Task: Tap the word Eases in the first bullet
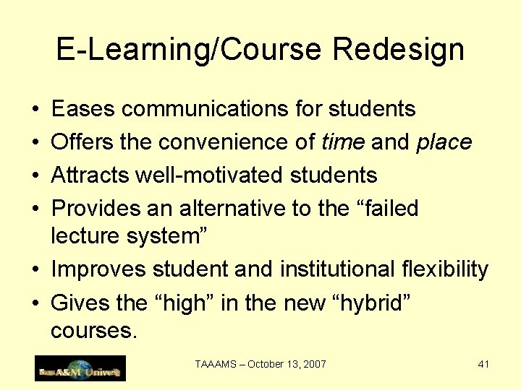83,109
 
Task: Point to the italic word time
342,142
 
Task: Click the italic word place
444,142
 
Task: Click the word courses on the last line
93,331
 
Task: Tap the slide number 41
483,364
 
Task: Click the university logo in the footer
80,368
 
